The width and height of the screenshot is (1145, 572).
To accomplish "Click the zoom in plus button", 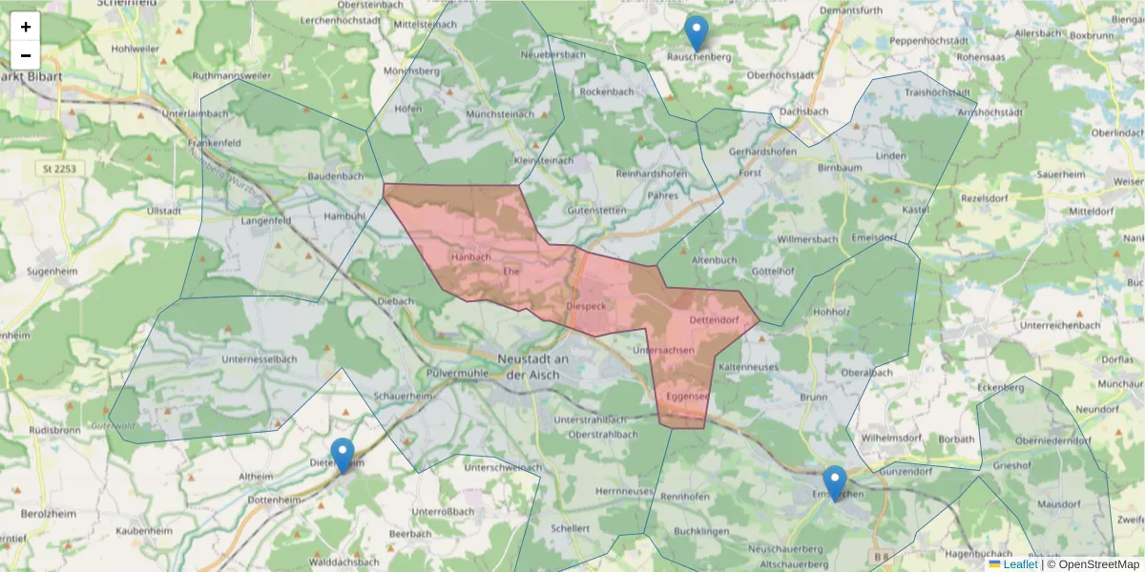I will (26, 27).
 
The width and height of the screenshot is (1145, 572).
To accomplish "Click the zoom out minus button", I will (26, 55).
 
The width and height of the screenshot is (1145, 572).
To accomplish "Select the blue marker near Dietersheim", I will (342, 456).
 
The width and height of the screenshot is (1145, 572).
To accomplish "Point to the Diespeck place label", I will (586, 306).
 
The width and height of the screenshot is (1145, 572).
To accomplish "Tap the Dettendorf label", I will (714, 319).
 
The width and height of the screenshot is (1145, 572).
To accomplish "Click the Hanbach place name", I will (470, 257).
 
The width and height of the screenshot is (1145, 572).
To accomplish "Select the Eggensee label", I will (687, 396).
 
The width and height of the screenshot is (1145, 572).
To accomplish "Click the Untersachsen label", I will (663, 351).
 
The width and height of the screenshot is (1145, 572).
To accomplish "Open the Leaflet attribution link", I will (1019, 564).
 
